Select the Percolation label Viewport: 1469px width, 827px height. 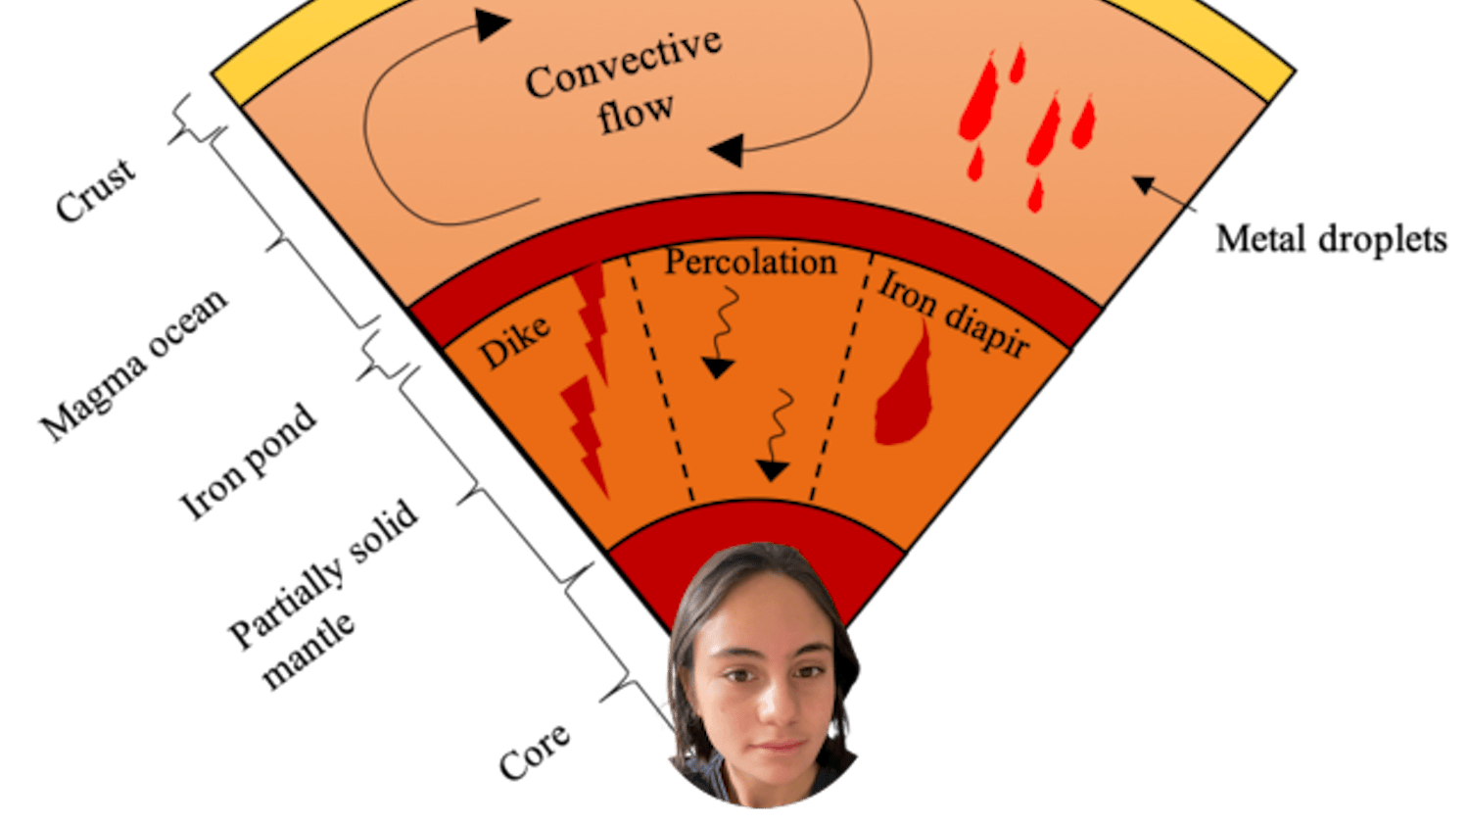(750, 262)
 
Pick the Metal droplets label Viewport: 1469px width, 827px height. (1331, 239)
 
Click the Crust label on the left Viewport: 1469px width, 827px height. (96, 192)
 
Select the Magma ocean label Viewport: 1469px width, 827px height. (134, 366)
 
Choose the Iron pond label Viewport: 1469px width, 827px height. (249, 461)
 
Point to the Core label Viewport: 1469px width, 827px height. (534, 753)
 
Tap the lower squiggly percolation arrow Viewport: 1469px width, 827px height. (777, 436)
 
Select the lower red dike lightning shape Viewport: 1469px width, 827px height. (586, 434)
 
